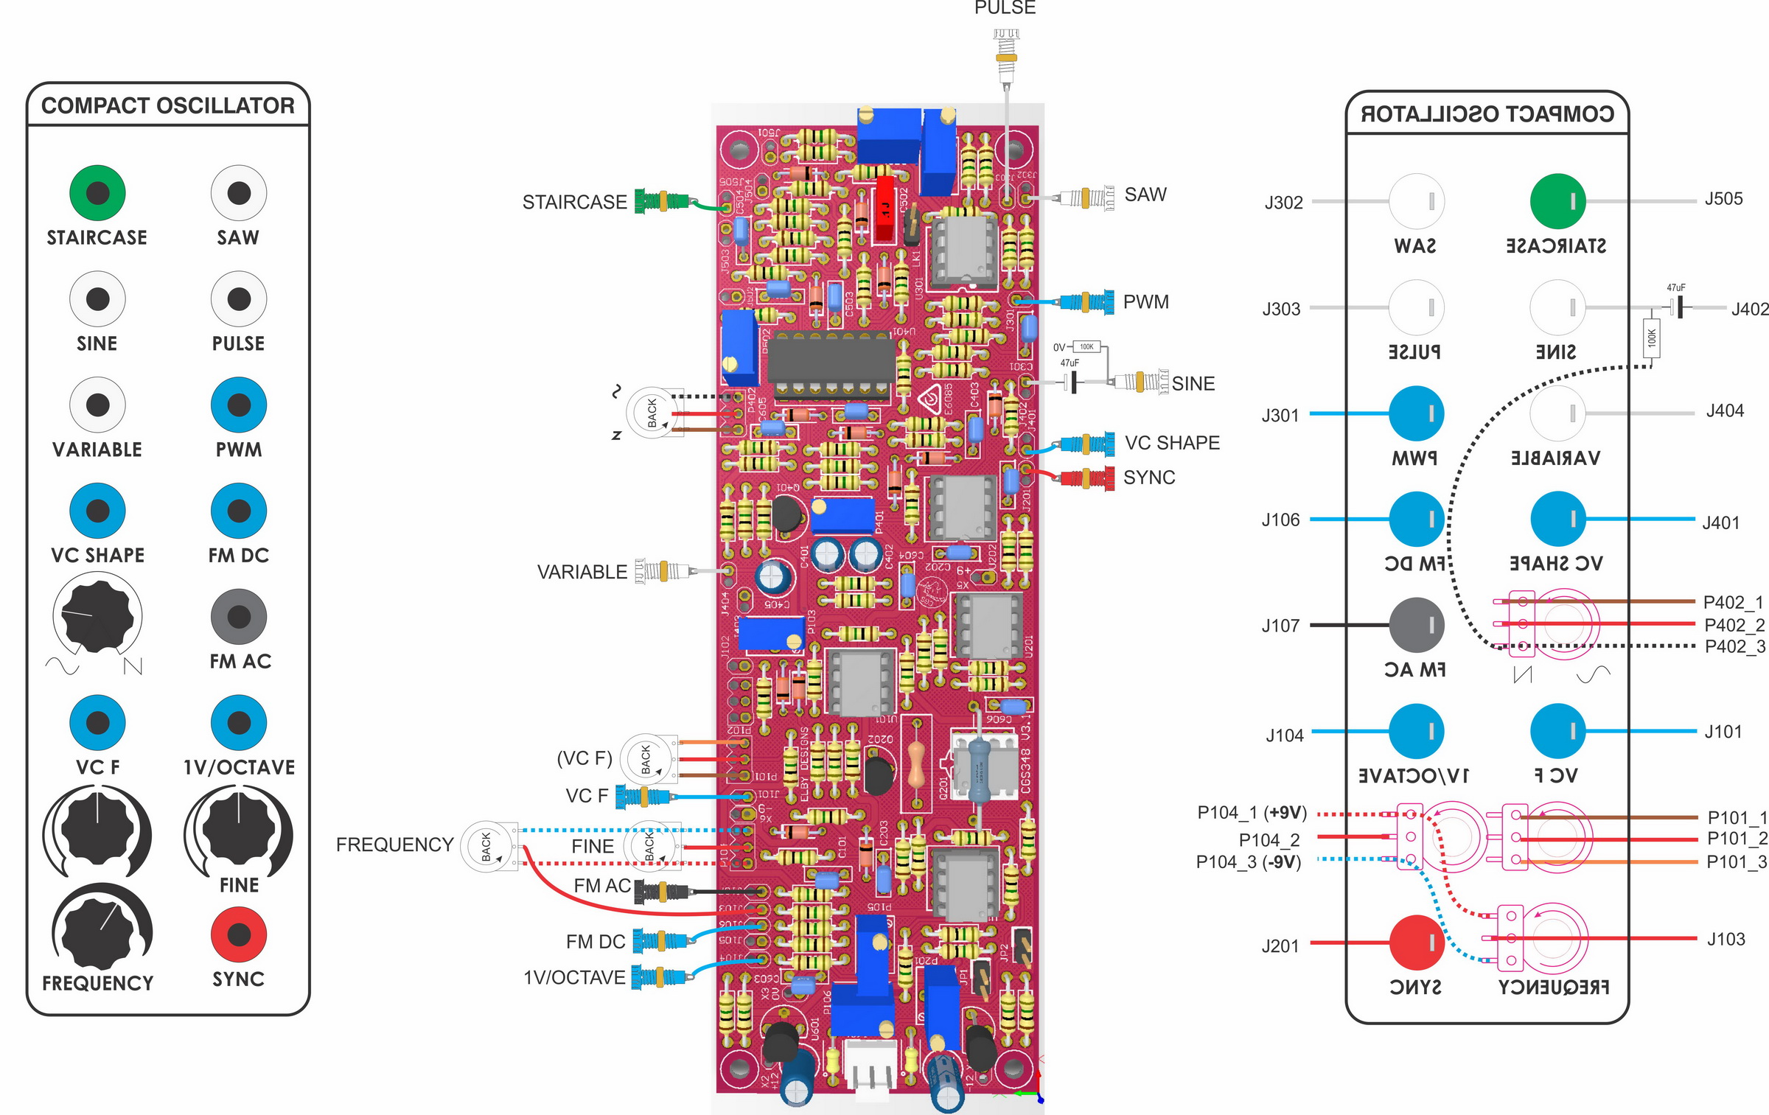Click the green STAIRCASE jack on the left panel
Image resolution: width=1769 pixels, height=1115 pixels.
(97, 193)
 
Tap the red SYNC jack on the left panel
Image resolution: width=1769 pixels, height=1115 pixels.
(239, 934)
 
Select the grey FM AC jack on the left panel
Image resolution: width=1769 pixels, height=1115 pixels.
(239, 617)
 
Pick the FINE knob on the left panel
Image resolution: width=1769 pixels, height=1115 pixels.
(238, 828)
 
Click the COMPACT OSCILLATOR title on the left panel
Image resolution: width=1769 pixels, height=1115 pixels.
(168, 106)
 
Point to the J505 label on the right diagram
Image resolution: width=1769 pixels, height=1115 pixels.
(1723, 199)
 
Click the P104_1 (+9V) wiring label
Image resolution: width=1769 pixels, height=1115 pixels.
(1252, 813)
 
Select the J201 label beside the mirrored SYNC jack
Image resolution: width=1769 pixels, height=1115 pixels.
(1280, 946)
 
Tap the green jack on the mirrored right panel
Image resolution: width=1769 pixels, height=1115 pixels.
(1557, 201)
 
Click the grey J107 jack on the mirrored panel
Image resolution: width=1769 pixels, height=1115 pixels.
(1416, 626)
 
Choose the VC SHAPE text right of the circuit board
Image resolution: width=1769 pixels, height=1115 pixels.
(1172, 443)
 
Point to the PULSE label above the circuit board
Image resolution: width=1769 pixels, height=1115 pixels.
(1005, 8)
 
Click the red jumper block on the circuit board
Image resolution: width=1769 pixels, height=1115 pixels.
(884, 209)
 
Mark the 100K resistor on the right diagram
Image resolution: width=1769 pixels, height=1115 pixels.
(1651, 338)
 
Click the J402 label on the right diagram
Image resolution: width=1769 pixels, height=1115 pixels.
(1748, 310)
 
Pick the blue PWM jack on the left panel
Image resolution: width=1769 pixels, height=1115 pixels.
(239, 405)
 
